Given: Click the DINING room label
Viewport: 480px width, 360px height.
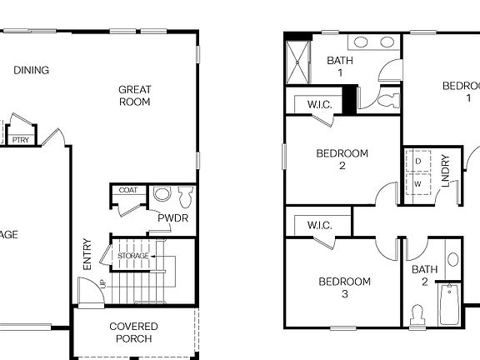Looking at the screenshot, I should tap(31, 70).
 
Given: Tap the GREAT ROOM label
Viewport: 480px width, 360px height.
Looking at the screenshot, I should tap(133, 96).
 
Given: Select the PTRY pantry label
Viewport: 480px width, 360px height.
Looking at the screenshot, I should tap(21, 140).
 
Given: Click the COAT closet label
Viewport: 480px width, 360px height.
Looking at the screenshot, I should tap(127, 190).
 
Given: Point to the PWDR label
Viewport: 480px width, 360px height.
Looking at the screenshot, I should tap(172, 218).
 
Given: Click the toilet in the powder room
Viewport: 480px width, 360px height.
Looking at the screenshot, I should tap(184, 197).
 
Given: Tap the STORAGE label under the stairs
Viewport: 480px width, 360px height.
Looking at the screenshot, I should tap(133, 256).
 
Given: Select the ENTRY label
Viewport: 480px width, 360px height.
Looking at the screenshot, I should tap(87, 254).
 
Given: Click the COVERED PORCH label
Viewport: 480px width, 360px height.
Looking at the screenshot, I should tap(133, 332).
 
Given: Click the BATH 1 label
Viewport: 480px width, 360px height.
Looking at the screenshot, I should tap(339, 66).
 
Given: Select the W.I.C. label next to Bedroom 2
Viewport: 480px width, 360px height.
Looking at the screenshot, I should tap(320, 105).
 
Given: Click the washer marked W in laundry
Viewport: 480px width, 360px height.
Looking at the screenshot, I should tap(418, 182).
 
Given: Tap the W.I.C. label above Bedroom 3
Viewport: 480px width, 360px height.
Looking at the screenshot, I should tap(319, 225).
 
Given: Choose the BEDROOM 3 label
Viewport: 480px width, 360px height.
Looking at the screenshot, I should tap(344, 287).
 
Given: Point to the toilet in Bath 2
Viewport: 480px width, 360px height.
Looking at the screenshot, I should tap(419, 315).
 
